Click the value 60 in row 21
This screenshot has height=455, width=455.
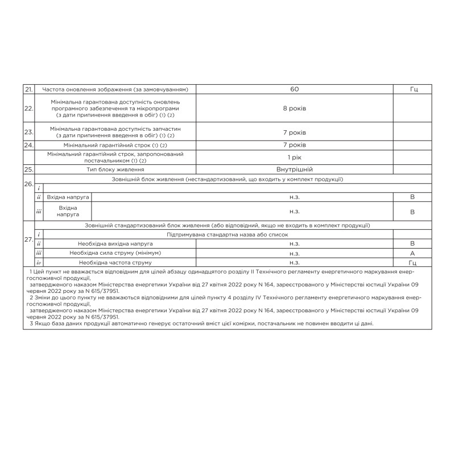coord(294,89)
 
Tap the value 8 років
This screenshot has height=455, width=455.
coord(294,108)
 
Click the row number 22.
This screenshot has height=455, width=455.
coord(28,108)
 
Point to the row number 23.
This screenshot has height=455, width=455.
coord(28,132)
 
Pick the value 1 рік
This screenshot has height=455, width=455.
coord(294,156)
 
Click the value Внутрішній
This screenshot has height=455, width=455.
coord(294,169)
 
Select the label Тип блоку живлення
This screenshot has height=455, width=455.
coord(115,169)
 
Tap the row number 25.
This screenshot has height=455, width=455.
coord(28,169)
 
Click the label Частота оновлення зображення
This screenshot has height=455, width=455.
coord(115,89)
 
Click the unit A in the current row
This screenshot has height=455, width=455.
coord(412,253)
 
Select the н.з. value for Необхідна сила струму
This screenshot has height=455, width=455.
coord(294,253)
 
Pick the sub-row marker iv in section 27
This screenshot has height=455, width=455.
coord(38,263)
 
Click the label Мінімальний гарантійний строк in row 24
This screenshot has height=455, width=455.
coord(115,146)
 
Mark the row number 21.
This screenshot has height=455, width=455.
coord(28,89)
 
